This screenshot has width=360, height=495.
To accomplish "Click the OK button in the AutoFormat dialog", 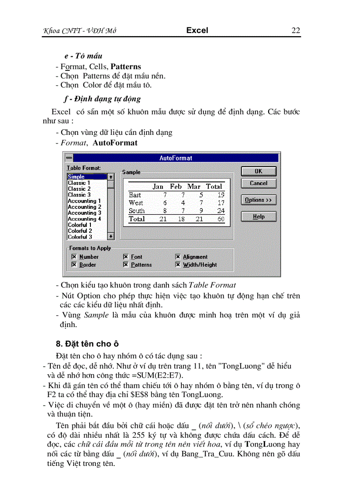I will [x=259, y=171].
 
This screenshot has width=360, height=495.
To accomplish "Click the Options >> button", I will [x=259, y=200].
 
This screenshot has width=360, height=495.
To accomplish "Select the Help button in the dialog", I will [x=259, y=216].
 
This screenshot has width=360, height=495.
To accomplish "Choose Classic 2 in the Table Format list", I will [x=79, y=189].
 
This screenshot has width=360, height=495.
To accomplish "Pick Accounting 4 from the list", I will [x=84, y=219].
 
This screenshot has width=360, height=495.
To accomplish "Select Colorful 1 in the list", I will [x=80, y=225].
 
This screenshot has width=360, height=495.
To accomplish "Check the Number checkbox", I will [x=74, y=257].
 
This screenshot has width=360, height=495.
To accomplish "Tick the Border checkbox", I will [x=74, y=264].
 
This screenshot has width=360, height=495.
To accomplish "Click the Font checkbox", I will [x=126, y=257].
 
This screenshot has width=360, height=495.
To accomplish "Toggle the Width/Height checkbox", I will [x=178, y=264].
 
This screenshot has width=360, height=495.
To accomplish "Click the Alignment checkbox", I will [x=178, y=257].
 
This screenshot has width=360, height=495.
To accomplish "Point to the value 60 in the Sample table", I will [x=221, y=219].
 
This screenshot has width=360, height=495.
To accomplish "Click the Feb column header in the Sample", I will [x=176, y=186].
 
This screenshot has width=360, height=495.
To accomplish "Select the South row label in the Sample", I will [x=136, y=211].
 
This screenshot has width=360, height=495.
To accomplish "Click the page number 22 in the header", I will [x=296, y=30].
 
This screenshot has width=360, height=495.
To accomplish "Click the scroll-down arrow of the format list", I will [x=111, y=236].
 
